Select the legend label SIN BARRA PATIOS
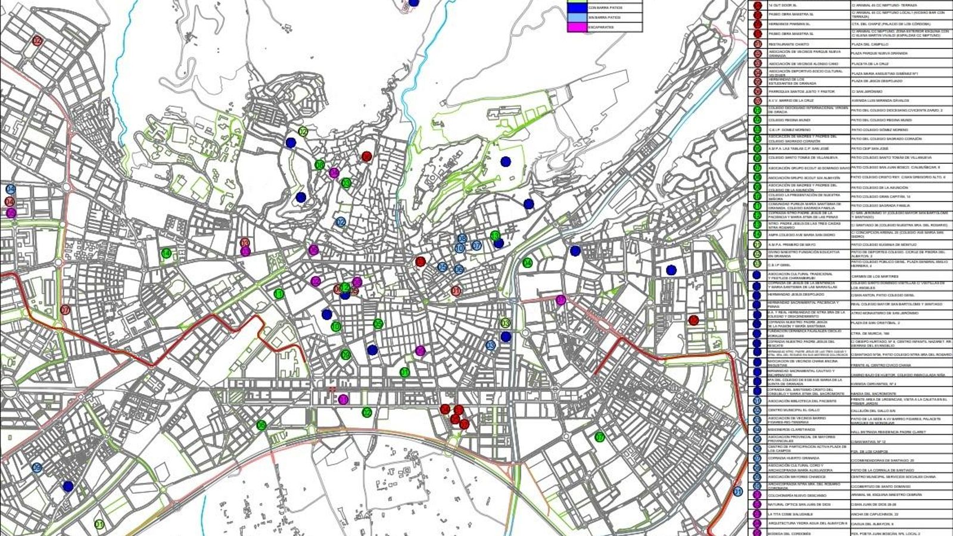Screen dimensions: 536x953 coord(605,18)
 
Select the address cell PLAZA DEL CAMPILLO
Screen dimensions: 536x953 coord(870,44)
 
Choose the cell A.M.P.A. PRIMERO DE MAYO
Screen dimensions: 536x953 coord(787,245)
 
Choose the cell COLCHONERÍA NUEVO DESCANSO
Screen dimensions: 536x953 coord(798,495)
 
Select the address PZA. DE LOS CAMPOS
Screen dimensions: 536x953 coord(869,451)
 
